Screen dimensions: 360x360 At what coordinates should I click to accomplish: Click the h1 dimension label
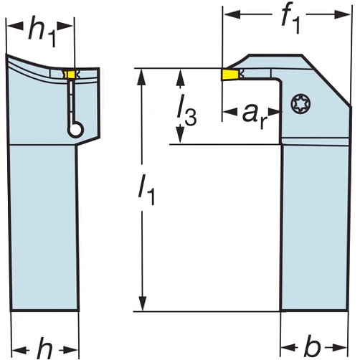tap(42, 31)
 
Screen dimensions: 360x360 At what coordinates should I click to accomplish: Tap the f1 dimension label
tap(290, 20)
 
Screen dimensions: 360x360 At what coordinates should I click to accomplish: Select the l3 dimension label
tap(187, 110)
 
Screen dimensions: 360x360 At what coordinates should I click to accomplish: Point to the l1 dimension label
tap(146, 189)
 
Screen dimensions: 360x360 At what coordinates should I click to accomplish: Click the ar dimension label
tap(255, 116)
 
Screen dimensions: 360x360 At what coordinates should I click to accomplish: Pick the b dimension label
tap(312, 346)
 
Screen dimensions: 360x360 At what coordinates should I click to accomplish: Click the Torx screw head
tap(301, 104)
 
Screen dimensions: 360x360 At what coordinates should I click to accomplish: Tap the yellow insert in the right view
tap(229, 75)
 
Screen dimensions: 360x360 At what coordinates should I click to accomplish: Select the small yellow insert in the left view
tap(70, 75)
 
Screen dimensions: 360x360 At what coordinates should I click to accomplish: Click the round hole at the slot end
tap(76, 129)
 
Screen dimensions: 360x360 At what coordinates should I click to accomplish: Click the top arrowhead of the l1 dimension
tap(143, 77)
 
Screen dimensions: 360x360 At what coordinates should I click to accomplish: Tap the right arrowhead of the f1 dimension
tap(342, 15)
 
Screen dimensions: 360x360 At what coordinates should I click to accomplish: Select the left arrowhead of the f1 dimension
tap(232, 14)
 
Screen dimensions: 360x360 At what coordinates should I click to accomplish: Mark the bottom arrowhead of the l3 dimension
tap(181, 134)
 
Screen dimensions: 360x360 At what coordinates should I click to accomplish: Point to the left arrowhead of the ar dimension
tap(230, 111)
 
